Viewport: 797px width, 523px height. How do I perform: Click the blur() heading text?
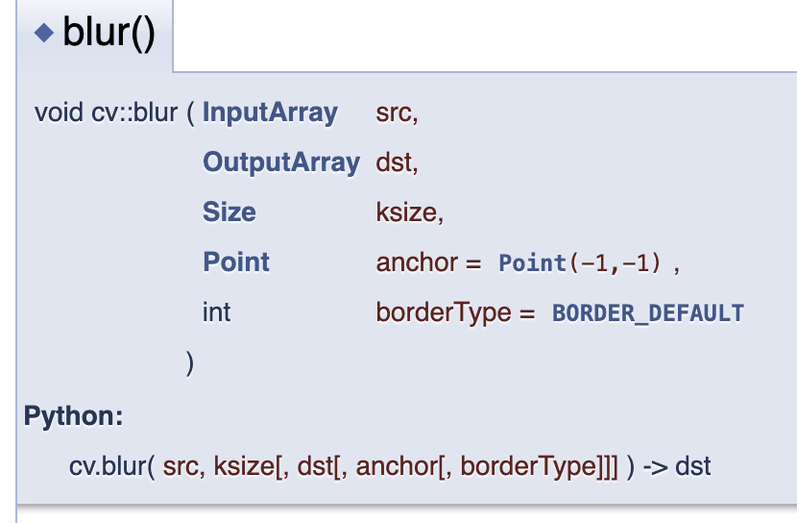[x=109, y=35]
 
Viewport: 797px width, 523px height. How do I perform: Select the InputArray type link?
[x=270, y=112]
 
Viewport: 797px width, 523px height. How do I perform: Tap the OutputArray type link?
[x=280, y=162]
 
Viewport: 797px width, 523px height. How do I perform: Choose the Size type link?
[x=229, y=212]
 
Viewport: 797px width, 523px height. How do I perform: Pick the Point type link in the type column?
[x=236, y=262]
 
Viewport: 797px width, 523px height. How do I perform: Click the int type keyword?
[x=216, y=312]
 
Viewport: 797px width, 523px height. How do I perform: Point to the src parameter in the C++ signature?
[x=397, y=112]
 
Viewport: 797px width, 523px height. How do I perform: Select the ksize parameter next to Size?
[x=409, y=212]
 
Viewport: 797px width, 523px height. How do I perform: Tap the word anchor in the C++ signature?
[x=417, y=262]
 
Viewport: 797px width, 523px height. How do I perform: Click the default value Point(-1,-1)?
[x=580, y=263]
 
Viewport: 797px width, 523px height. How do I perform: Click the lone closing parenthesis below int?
[x=189, y=363]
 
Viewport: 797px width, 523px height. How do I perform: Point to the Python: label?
[x=74, y=417]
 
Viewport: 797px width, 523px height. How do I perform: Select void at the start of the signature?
[x=60, y=112]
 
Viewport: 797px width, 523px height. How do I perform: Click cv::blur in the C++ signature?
[x=134, y=112]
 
